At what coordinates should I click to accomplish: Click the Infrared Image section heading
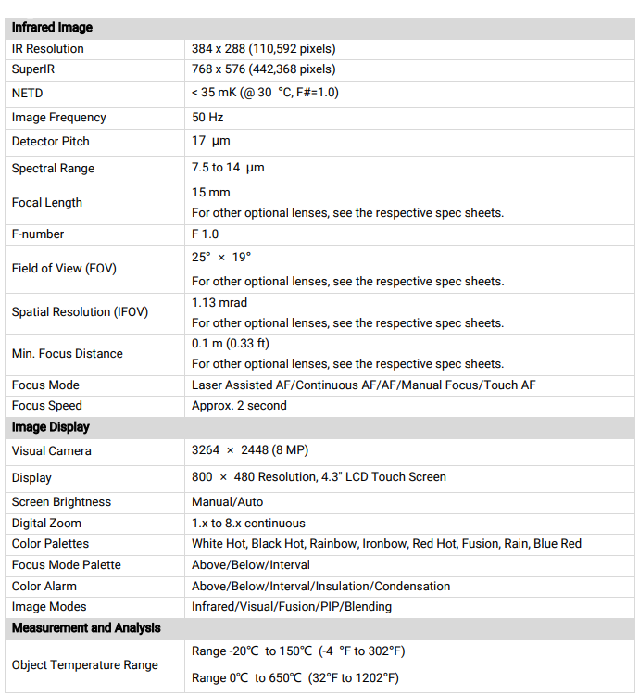pyautogui.click(x=52, y=28)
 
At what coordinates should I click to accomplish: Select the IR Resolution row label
pyautogui.click(x=47, y=48)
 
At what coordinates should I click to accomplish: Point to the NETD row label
pyautogui.click(x=27, y=93)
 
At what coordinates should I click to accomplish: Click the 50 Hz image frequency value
pyautogui.click(x=207, y=118)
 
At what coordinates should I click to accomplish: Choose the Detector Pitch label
pyautogui.click(x=50, y=142)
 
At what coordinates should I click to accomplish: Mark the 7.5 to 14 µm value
pyautogui.click(x=228, y=168)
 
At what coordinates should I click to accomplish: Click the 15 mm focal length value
pyautogui.click(x=211, y=193)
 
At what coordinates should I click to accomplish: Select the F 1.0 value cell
pyautogui.click(x=206, y=234)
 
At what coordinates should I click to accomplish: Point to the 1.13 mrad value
pyautogui.click(x=219, y=302)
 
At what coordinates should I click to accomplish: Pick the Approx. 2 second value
pyautogui.click(x=239, y=405)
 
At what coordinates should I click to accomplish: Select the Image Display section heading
pyautogui.click(x=51, y=427)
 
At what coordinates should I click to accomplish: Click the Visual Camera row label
pyautogui.click(x=52, y=450)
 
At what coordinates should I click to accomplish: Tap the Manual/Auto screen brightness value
pyautogui.click(x=228, y=501)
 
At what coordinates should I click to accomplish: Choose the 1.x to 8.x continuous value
pyautogui.click(x=248, y=523)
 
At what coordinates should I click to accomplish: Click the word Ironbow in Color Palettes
pyautogui.click(x=384, y=543)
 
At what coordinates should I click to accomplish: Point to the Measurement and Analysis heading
pyautogui.click(x=86, y=627)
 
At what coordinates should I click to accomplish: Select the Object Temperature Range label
pyautogui.click(x=85, y=664)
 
